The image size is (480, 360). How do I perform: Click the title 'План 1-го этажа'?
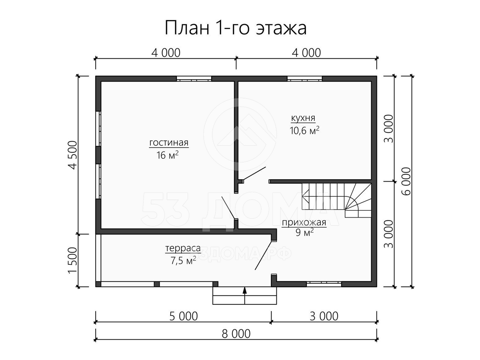click(x=236, y=28)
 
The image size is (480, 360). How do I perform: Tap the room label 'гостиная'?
click(x=169, y=142)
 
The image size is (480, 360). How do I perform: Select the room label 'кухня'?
click(x=303, y=118)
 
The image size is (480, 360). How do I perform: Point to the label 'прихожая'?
click(x=304, y=223)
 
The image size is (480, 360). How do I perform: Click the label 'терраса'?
click(x=183, y=248)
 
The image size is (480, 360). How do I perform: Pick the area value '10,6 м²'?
click(x=304, y=130)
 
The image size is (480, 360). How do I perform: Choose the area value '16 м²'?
click(x=167, y=155)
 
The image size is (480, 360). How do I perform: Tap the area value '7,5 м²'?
click(x=183, y=260)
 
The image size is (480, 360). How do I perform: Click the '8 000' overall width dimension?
click(x=236, y=334)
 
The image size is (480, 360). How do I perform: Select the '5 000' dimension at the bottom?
click(x=184, y=316)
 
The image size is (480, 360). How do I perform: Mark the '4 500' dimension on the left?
click(x=73, y=155)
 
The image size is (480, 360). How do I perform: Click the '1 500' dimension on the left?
click(x=73, y=260)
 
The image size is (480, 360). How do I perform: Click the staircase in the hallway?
click(x=336, y=200)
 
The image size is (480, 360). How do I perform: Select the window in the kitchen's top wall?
click(x=305, y=79)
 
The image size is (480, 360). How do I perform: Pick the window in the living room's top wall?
click(x=194, y=79)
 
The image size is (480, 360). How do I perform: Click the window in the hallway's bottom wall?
click(x=324, y=284)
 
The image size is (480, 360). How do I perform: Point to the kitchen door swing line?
click(x=254, y=174)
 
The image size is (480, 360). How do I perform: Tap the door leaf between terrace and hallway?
click(x=264, y=255)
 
